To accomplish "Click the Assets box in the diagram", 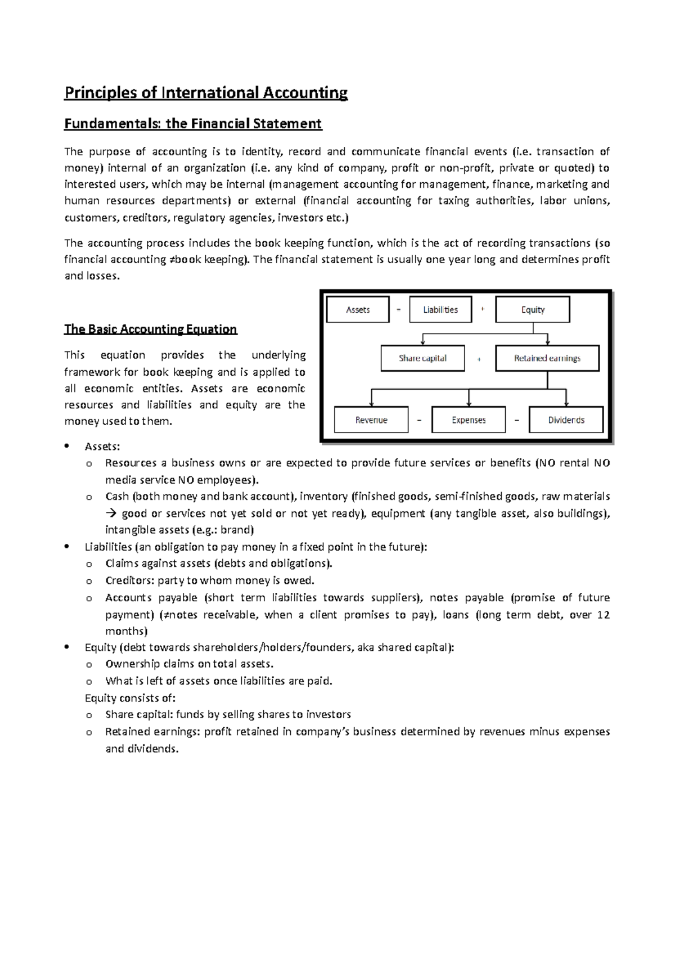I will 358,310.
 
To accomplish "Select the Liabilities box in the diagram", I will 440,310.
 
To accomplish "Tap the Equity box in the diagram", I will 532,310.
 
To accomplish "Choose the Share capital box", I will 422,358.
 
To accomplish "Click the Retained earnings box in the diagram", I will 547,358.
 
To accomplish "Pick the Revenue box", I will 371,420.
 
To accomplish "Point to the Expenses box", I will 468,420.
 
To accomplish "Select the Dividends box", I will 566,420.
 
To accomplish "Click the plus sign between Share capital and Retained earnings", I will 479,359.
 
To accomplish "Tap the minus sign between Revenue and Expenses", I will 419,420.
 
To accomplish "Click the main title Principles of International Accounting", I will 206,92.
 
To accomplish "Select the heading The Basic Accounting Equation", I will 150,329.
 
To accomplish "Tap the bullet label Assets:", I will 102,447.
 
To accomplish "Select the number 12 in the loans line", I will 603,615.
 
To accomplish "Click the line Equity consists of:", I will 130,698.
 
